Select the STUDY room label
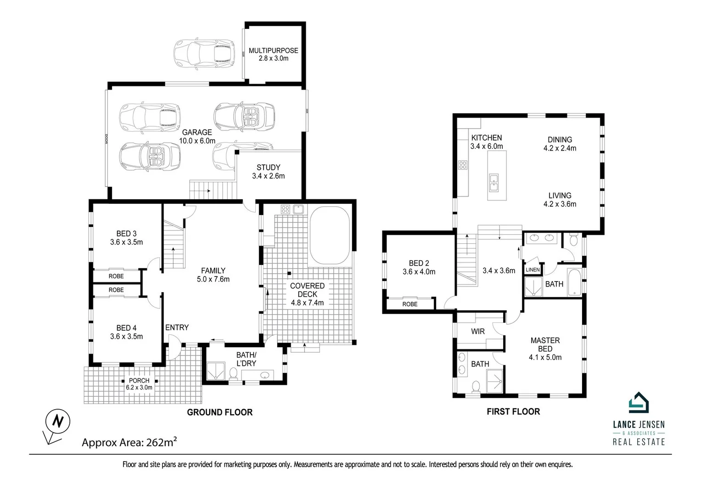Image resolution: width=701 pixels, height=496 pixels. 268,171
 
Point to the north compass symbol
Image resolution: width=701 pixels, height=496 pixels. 57,421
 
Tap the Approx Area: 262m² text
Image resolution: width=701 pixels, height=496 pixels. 129,443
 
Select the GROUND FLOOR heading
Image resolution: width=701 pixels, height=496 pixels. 219,412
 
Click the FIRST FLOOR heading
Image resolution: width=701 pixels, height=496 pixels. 513,411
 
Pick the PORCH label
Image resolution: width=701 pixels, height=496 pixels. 139,383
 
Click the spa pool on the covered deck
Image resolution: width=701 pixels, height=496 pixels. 330,236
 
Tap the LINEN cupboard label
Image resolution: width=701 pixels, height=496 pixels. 533,270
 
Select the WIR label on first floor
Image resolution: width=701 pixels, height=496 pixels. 477,331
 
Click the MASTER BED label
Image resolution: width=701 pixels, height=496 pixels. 545,348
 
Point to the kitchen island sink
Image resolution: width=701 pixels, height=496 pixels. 494,182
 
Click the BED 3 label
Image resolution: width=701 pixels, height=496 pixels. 126,237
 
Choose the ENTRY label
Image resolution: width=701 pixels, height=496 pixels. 177,327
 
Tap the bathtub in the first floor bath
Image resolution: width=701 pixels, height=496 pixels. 574,282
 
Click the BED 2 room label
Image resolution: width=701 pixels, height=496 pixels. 419,267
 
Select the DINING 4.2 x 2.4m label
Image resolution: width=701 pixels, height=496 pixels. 560,143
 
